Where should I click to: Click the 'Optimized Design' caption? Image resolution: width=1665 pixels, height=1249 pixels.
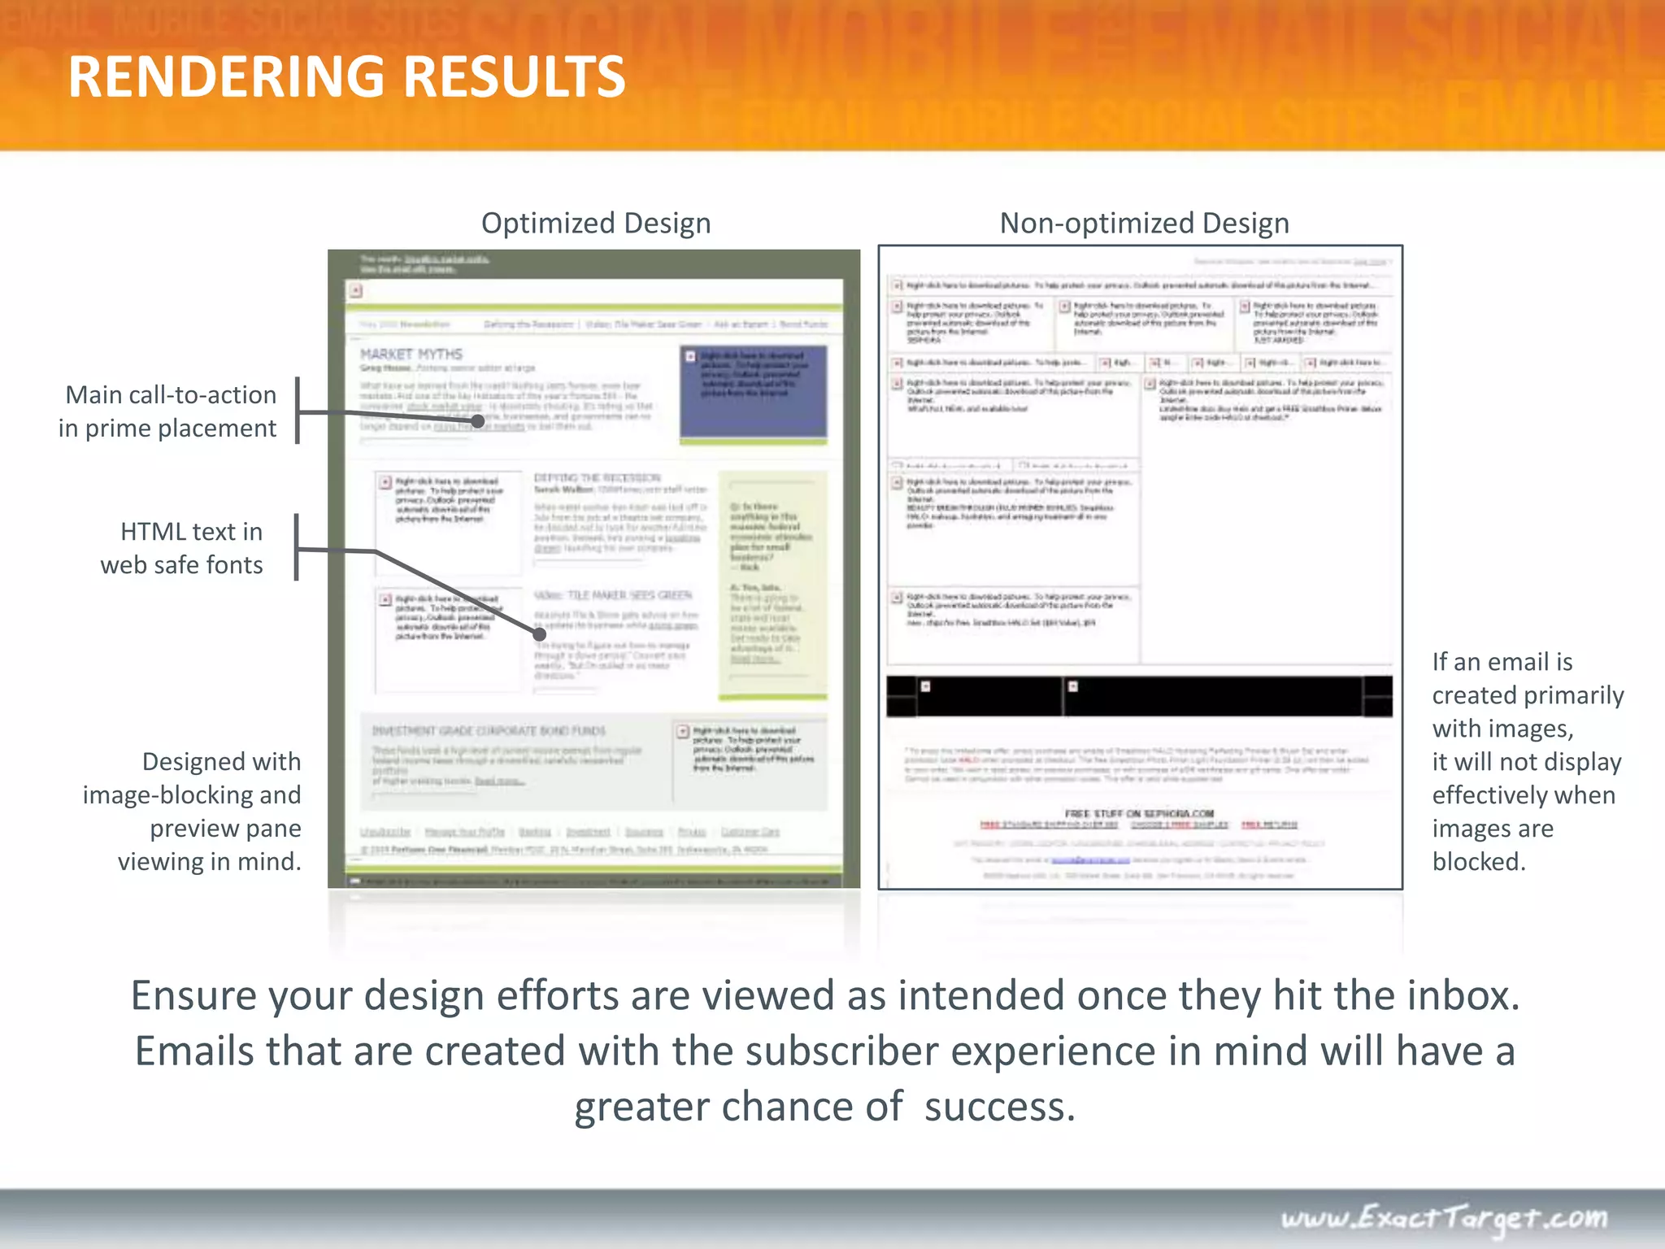pyautogui.click(x=596, y=223)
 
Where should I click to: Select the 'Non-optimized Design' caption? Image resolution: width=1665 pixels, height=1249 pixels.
pyautogui.click(x=1144, y=223)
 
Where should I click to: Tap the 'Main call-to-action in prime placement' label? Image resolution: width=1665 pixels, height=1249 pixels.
pyautogui.click(x=168, y=411)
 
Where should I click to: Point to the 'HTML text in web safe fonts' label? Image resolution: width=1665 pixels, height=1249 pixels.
pyautogui.click(x=182, y=548)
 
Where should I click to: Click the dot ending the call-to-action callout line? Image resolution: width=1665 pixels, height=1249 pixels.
pyautogui.click(x=478, y=421)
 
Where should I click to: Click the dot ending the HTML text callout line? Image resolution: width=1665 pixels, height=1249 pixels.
pyautogui.click(x=539, y=633)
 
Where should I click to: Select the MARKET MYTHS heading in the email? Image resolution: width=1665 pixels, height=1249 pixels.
pyautogui.click(x=411, y=355)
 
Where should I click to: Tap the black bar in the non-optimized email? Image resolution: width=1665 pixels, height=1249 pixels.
pyautogui.click(x=1138, y=697)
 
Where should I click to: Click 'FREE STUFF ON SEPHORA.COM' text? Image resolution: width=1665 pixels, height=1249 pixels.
pyautogui.click(x=1139, y=813)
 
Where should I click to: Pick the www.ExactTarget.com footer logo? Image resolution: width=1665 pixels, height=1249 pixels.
pyautogui.click(x=1444, y=1217)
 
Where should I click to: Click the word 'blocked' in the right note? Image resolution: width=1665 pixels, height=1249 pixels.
pyautogui.click(x=1478, y=861)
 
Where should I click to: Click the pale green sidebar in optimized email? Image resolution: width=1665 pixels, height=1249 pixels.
pyautogui.click(x=772, y=585)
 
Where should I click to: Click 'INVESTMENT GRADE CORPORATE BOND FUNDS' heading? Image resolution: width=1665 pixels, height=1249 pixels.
pyautogui.click(x=489, y=730)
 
